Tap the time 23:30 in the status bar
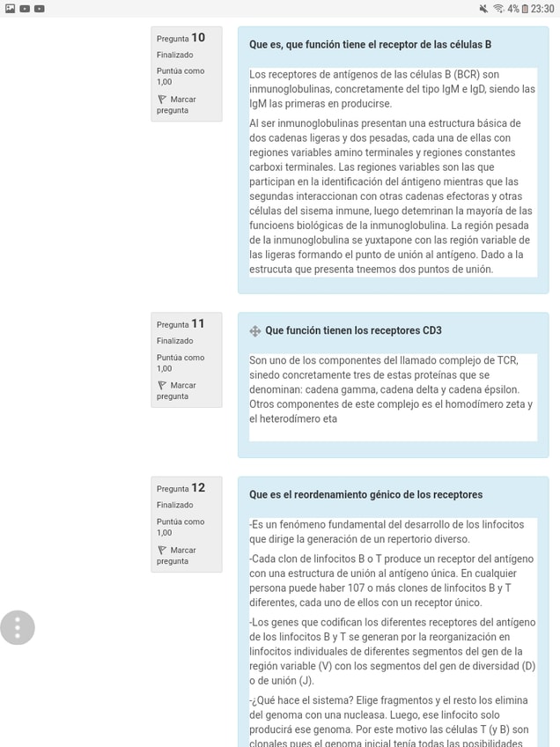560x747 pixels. [542, 8]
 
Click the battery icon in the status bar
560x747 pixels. [525, 8]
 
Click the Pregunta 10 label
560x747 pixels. [181, 38]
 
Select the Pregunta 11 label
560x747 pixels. [181, 323]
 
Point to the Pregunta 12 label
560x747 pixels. [181, 488]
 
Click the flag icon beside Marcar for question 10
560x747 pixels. [161, 100]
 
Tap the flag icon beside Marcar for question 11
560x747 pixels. [161, 386]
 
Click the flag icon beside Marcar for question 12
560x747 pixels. [161, 551]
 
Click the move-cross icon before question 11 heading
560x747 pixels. [255, 331]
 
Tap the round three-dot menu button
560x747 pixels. [18, 627]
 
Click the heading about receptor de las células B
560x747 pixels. [370, 44]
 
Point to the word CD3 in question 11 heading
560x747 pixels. [431, 330]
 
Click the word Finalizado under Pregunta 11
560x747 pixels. [174, 341]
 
